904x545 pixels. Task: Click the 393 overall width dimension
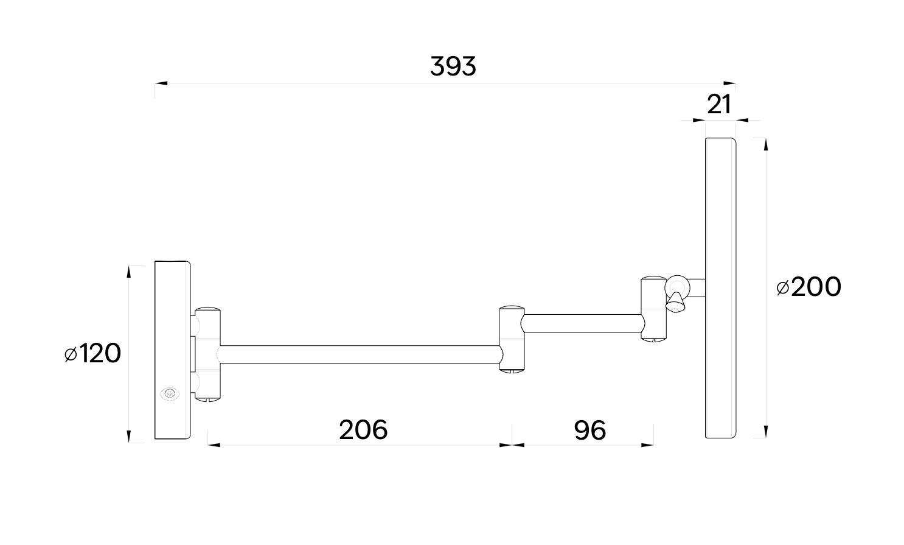click(453, 66)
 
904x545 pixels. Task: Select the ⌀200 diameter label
click(808, 287)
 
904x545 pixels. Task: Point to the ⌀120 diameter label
click(92, 353)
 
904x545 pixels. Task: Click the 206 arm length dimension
click(363, 430)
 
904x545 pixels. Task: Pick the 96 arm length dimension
click(589, 431)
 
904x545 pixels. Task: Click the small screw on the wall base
click(170, 394)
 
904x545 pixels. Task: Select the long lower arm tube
click(359, 355)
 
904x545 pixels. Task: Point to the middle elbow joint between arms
click(511, 339)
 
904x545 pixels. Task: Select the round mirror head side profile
click(721, 287)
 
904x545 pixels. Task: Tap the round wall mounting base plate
click(173, 350)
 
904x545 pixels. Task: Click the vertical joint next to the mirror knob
click(654, 308)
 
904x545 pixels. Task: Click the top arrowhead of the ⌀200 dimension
click(765, 144)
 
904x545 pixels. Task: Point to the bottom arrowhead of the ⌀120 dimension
click(129, 436)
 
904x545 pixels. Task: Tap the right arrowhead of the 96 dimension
click(648, 445)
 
